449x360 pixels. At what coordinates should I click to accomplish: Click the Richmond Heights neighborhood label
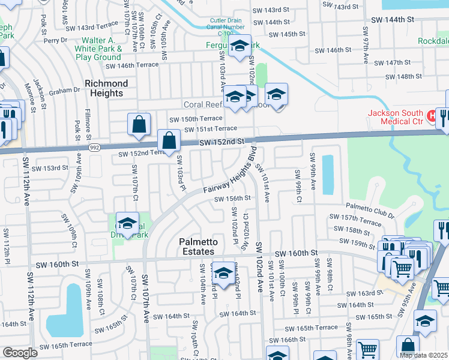(106, 88)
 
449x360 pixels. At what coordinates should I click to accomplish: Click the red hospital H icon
(431, 114)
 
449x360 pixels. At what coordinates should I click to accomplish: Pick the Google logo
(20, 353)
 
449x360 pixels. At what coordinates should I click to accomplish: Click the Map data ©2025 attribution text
(423, 355)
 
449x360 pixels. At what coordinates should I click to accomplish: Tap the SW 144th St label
(393, 19)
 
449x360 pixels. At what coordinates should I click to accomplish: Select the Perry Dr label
(59, 40)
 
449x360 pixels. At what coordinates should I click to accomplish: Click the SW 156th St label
(230, 197)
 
